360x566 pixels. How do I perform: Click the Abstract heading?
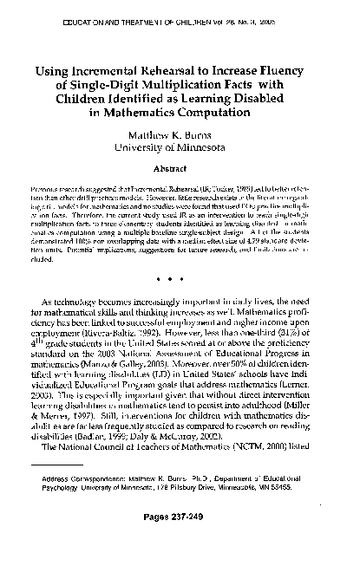pos(180,172)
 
